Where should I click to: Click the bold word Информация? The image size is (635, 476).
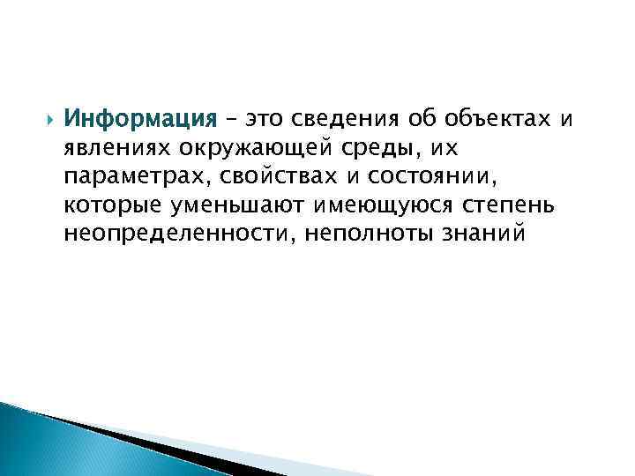click(141, 118)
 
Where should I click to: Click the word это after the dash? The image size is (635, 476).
click(266, 118)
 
